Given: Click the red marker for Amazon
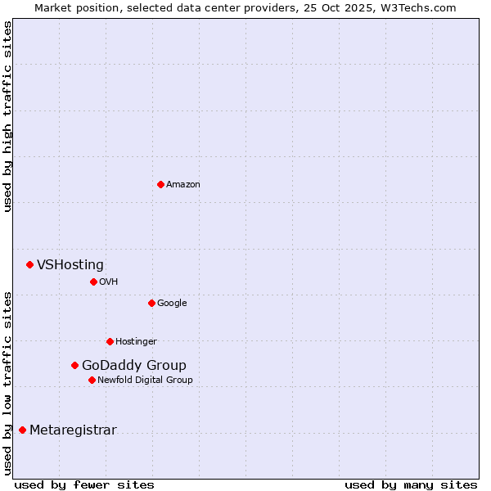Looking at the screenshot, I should [x=160, y=184].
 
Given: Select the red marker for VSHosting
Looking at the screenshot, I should [x=29, y=264].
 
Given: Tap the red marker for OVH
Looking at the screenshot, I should [x=93, y=282].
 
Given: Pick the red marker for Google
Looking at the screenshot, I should [x=151, y=303].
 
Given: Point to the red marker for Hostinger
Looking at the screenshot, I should [x=110, y=341].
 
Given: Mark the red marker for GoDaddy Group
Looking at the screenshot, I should [x=74, y=365].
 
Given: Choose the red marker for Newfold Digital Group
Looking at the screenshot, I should [x=92, y=380].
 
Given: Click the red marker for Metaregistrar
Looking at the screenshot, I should [x=22, y=430].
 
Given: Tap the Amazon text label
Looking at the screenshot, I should [x=183, y=185].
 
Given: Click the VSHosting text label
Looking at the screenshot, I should [x=70, y=264].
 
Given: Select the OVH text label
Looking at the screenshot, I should [x=109, y=282].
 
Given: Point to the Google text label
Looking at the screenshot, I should [x=172, y=304].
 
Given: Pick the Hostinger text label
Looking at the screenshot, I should [x=136, y=342].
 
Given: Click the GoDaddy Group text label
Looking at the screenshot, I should [x=134, y=365].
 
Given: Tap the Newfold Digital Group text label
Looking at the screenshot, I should [x=145, y=381].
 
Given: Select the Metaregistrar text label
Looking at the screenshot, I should [x=73, y=430].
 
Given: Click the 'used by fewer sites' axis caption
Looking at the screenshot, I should [x=84, y=484].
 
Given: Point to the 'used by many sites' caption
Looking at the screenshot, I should [x=411, y=484].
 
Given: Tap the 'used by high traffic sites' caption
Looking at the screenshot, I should [x=7, y=116].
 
